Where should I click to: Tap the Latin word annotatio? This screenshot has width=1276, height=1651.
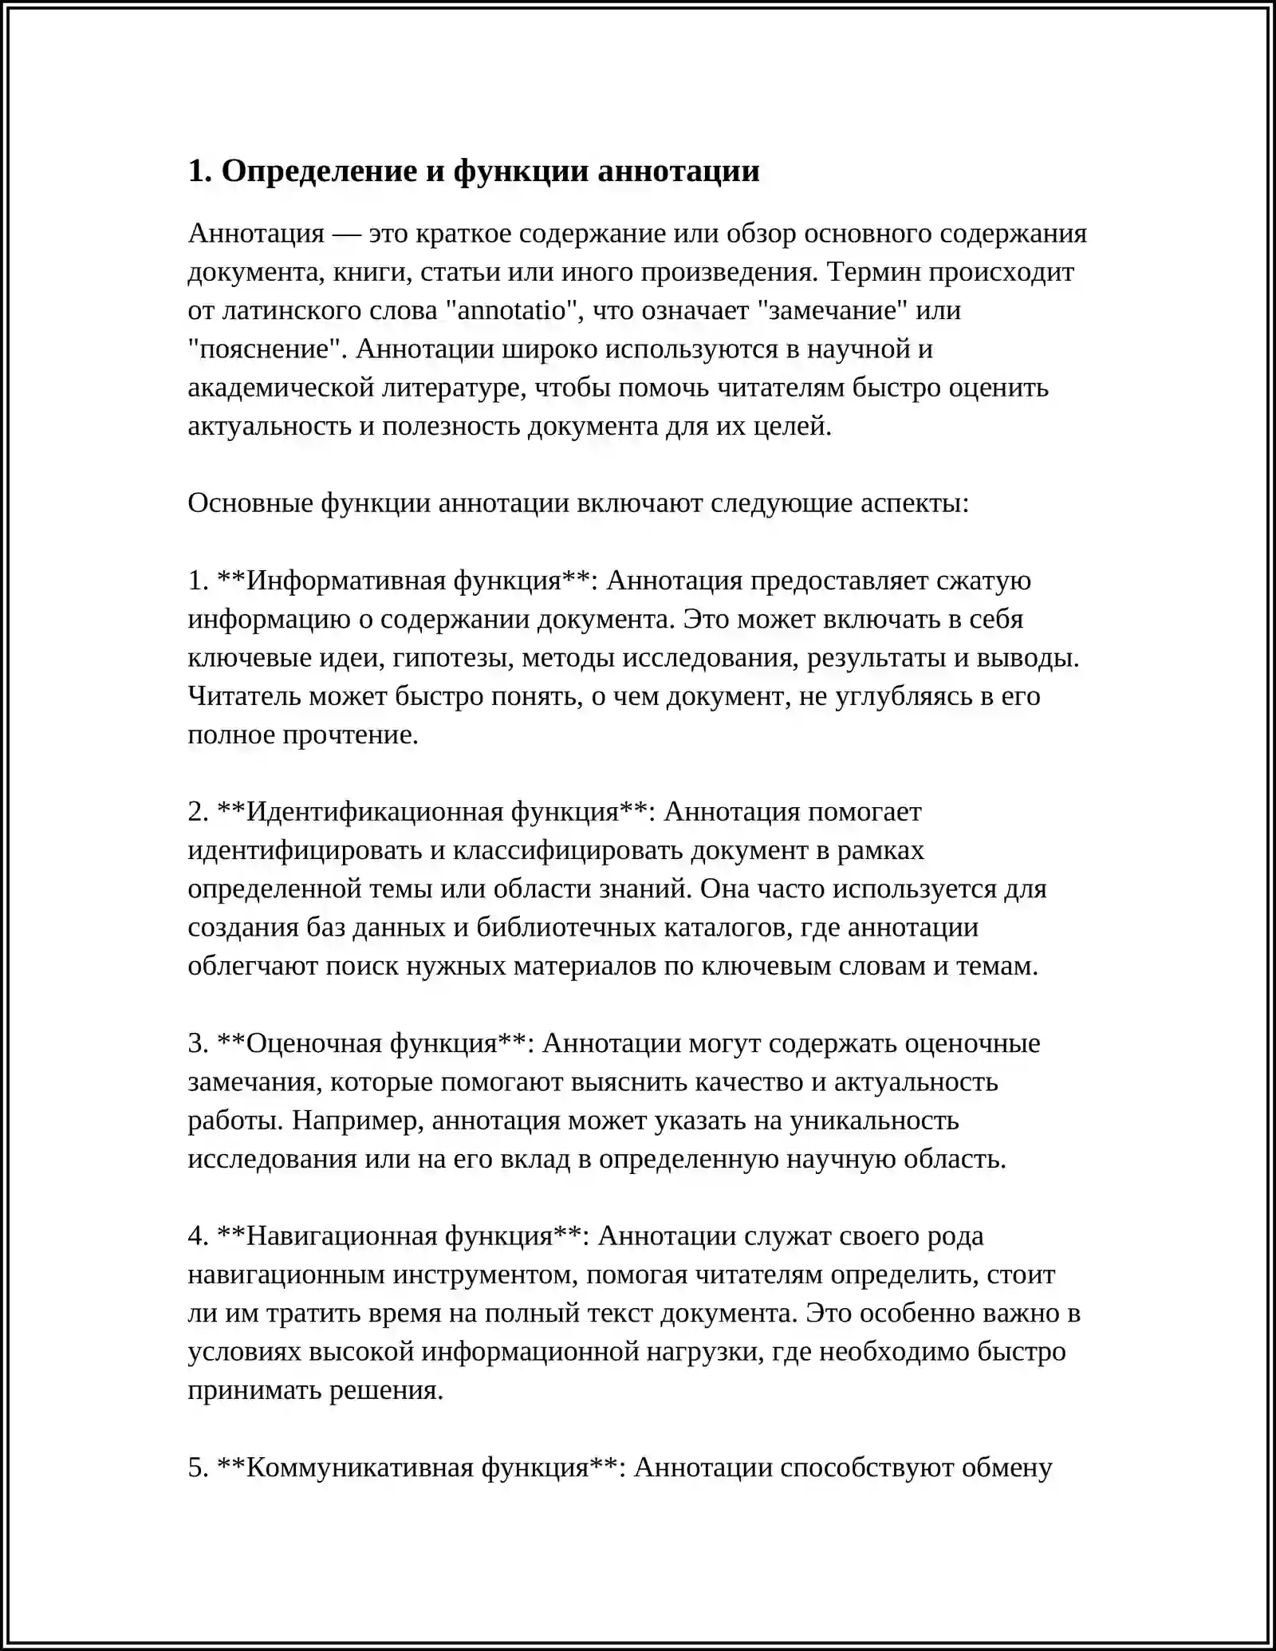tap(516, 309)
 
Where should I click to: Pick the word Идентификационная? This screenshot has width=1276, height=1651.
tap(374, 811)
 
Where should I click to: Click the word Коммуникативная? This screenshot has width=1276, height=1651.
tap(360, 1467)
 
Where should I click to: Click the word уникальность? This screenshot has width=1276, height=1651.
tap(874, 1120)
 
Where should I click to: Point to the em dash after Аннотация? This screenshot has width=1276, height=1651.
tap(346, 233)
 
